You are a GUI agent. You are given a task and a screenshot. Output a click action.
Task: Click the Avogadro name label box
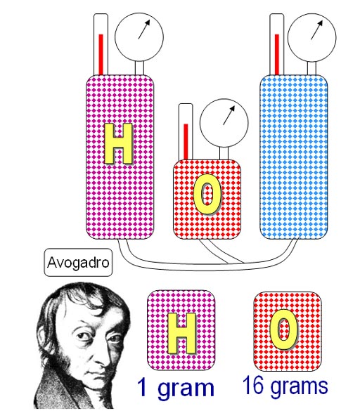click(78, 262)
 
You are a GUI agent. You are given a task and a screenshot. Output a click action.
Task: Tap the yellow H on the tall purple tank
click(119, 144)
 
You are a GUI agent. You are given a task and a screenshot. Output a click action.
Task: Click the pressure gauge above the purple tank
click(139, 37)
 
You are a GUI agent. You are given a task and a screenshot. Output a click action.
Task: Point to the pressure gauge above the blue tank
click(311, 38)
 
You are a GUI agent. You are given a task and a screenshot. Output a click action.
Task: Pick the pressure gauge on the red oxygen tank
click(224, 123)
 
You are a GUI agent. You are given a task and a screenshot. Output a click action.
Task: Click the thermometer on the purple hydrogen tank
click(101, 44)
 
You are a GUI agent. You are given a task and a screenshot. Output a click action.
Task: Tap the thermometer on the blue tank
click(277, 44)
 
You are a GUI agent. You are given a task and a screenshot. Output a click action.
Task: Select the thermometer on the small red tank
click(186, 132)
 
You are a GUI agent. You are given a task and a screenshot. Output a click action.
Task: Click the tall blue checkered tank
click(294, 157)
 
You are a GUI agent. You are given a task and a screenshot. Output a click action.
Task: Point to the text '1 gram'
click(176, 388)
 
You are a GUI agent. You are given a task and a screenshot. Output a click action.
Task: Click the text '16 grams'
click(285, 386)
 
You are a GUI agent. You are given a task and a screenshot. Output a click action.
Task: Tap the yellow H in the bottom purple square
click(181, 333)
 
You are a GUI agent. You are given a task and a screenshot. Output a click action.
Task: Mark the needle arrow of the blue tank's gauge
click(317, 30)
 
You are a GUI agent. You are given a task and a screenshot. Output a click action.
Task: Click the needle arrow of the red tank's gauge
click(229, 115)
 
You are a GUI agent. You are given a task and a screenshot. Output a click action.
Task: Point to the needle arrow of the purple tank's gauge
click(144, 30)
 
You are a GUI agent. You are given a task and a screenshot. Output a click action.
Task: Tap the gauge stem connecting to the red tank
click(224, 154)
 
